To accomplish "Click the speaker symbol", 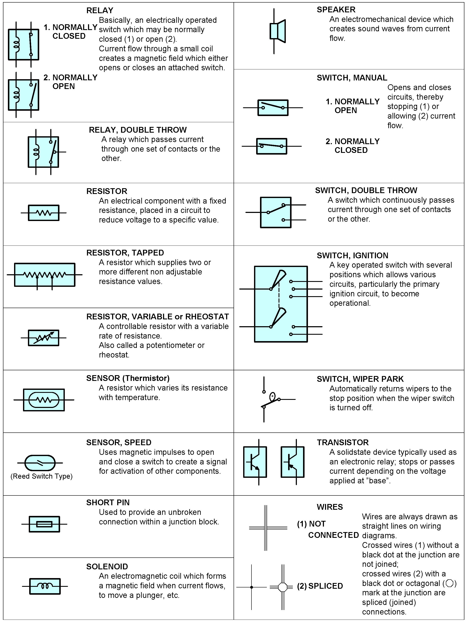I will pyautogui.click(x=277, y=31).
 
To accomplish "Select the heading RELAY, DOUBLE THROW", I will pyautogui.click(x=138, y=130).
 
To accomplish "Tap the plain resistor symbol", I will pyautogui.click(x=44, y=213).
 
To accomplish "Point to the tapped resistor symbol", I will pyautogui.click(x=45, y=275).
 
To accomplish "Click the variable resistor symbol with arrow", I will pyautogui.click(x=44, y=338).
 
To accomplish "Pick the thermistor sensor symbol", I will pyautogui.click(x=44, y=400).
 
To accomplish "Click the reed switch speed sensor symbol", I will pyautogui.click(x=40, y=463).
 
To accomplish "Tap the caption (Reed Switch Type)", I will pyautogui.click(x=41, y=476).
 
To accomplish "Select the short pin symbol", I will pyautogui.click(x=44, y=524).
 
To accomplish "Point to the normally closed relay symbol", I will pyautogui.click(x=23, y=44).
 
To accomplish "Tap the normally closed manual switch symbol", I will pyautogui.click(x=272, y=146).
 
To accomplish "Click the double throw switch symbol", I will pyautogui.click(x=275, y=212).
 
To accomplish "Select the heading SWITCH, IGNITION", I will pyautogui.click(x=352, y=256).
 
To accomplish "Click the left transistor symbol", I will pyautogui.click(x=255, y=462).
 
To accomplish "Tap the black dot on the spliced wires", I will pyautogui.click(x=251, y=587).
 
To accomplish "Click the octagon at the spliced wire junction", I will pyautogui.click(x=283, y=587).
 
